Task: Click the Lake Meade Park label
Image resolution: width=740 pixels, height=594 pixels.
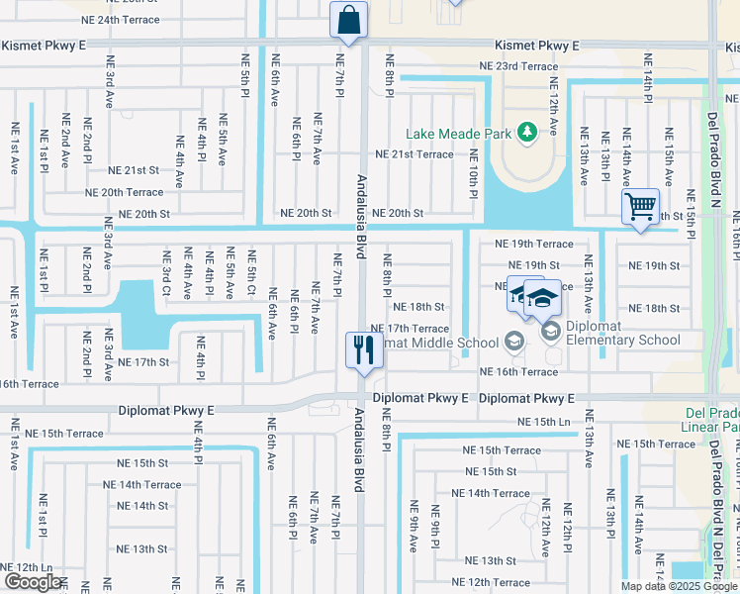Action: point(460,134)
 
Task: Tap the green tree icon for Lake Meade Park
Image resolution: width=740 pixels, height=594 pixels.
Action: point(527,131)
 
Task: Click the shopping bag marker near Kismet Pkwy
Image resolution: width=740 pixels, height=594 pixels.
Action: point(348,19)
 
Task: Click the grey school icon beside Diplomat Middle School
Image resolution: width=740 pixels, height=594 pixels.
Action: point(512,342)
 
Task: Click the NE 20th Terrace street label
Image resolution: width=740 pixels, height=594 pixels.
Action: point(124,192)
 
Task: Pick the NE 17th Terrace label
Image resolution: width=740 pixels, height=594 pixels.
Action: point(409,328)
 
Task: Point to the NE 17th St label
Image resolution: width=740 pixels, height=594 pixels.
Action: point(143,362)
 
